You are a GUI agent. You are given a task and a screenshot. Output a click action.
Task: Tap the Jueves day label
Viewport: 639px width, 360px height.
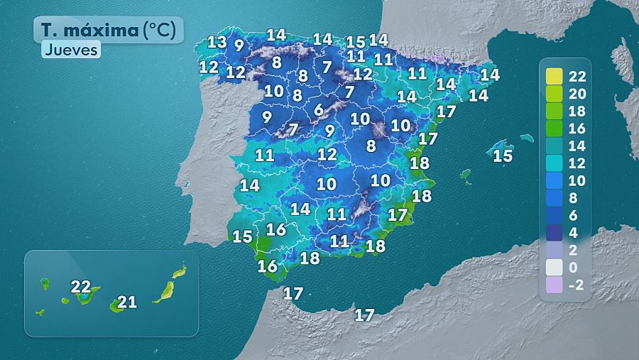click(x=70, y=50)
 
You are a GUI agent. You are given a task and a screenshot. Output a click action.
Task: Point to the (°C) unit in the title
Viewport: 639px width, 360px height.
click(x=162, y=30)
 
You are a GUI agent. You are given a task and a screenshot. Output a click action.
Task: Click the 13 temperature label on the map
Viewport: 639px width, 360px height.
click(x=217, y=41)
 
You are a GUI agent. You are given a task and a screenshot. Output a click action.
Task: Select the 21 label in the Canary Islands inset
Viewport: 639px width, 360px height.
click(x=126, y=302)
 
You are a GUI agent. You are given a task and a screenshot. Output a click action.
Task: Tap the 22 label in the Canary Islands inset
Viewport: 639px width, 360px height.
click(x=81, y=287)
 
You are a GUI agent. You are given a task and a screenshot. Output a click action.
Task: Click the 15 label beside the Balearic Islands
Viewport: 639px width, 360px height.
click(x=503, y=156)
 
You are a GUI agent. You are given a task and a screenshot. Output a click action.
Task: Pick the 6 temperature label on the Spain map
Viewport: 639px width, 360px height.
click(x=319, y=109)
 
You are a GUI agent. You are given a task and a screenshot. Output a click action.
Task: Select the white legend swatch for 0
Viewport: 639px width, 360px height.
click(x=555, y=267)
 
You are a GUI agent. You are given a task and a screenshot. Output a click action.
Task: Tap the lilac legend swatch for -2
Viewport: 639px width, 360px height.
click(x=555, y=285)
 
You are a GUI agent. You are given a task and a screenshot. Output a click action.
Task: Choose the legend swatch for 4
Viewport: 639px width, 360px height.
click(x=555, y=232)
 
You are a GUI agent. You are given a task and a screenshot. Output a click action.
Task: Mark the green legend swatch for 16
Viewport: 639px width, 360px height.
click(x=555, y=129)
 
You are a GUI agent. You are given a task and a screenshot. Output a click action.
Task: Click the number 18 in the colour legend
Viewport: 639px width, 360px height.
click(x=577, y=111)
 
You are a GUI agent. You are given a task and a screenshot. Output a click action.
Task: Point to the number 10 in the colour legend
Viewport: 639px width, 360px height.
click(x=577, y=180)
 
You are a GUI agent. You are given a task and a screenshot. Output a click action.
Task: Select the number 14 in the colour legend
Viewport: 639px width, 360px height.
click(x=577, y=146)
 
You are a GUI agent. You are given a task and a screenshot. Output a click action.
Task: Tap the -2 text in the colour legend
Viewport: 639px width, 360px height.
click(x=577, y=285)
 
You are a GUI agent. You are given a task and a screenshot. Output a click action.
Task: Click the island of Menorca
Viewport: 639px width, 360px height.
click(x=526, y=138)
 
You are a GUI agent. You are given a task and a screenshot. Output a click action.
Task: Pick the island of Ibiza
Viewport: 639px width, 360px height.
click(x=466, y=174)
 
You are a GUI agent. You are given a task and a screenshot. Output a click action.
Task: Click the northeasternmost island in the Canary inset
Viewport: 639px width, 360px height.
click(x=180, y=271)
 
